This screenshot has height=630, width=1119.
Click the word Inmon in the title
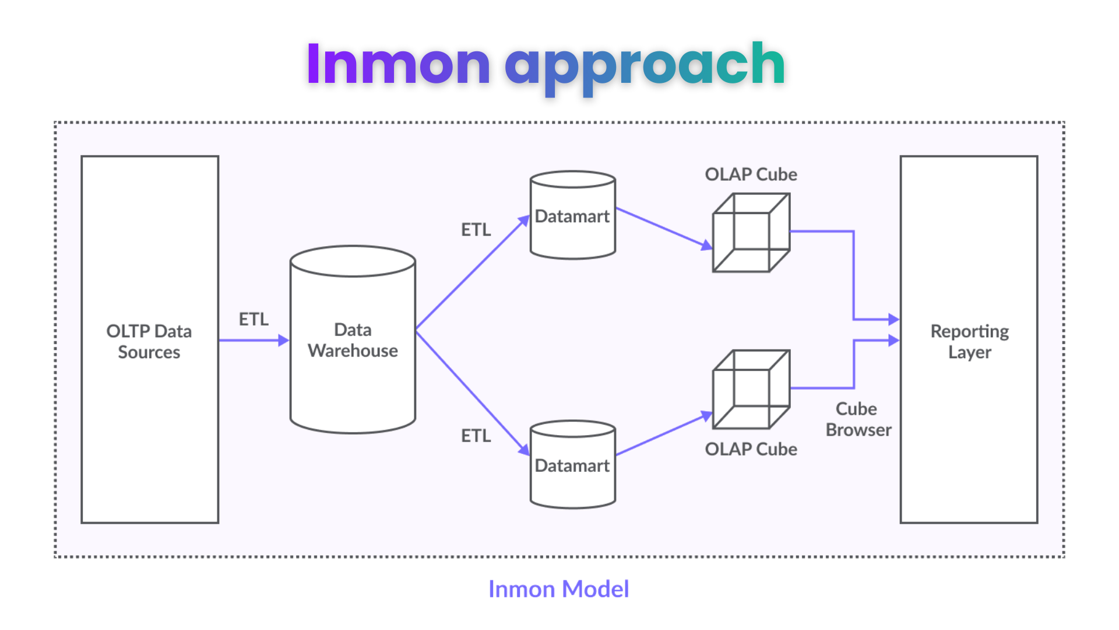[398, 64]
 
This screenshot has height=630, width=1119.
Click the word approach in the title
[645, 65]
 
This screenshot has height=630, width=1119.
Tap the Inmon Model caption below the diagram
[558, 589]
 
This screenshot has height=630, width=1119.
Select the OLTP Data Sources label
[149, 341]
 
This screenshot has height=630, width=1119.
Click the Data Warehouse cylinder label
[353, 340]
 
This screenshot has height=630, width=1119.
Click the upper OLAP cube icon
[751, 233]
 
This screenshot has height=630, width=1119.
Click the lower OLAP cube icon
[751, 389]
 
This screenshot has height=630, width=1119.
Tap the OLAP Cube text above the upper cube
[751, 174]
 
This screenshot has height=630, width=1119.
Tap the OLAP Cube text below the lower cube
[751, 449]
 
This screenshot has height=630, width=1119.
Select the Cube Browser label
[858, 419]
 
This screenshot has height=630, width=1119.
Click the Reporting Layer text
[969, 341]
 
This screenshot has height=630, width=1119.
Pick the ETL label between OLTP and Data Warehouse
[254, 319]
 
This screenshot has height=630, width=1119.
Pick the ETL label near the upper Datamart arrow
[476, 230]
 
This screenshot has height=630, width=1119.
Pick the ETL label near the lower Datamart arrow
[476, 436]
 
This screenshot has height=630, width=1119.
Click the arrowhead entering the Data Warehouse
[284, 340]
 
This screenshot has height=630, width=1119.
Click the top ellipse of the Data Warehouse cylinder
[353, 261]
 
